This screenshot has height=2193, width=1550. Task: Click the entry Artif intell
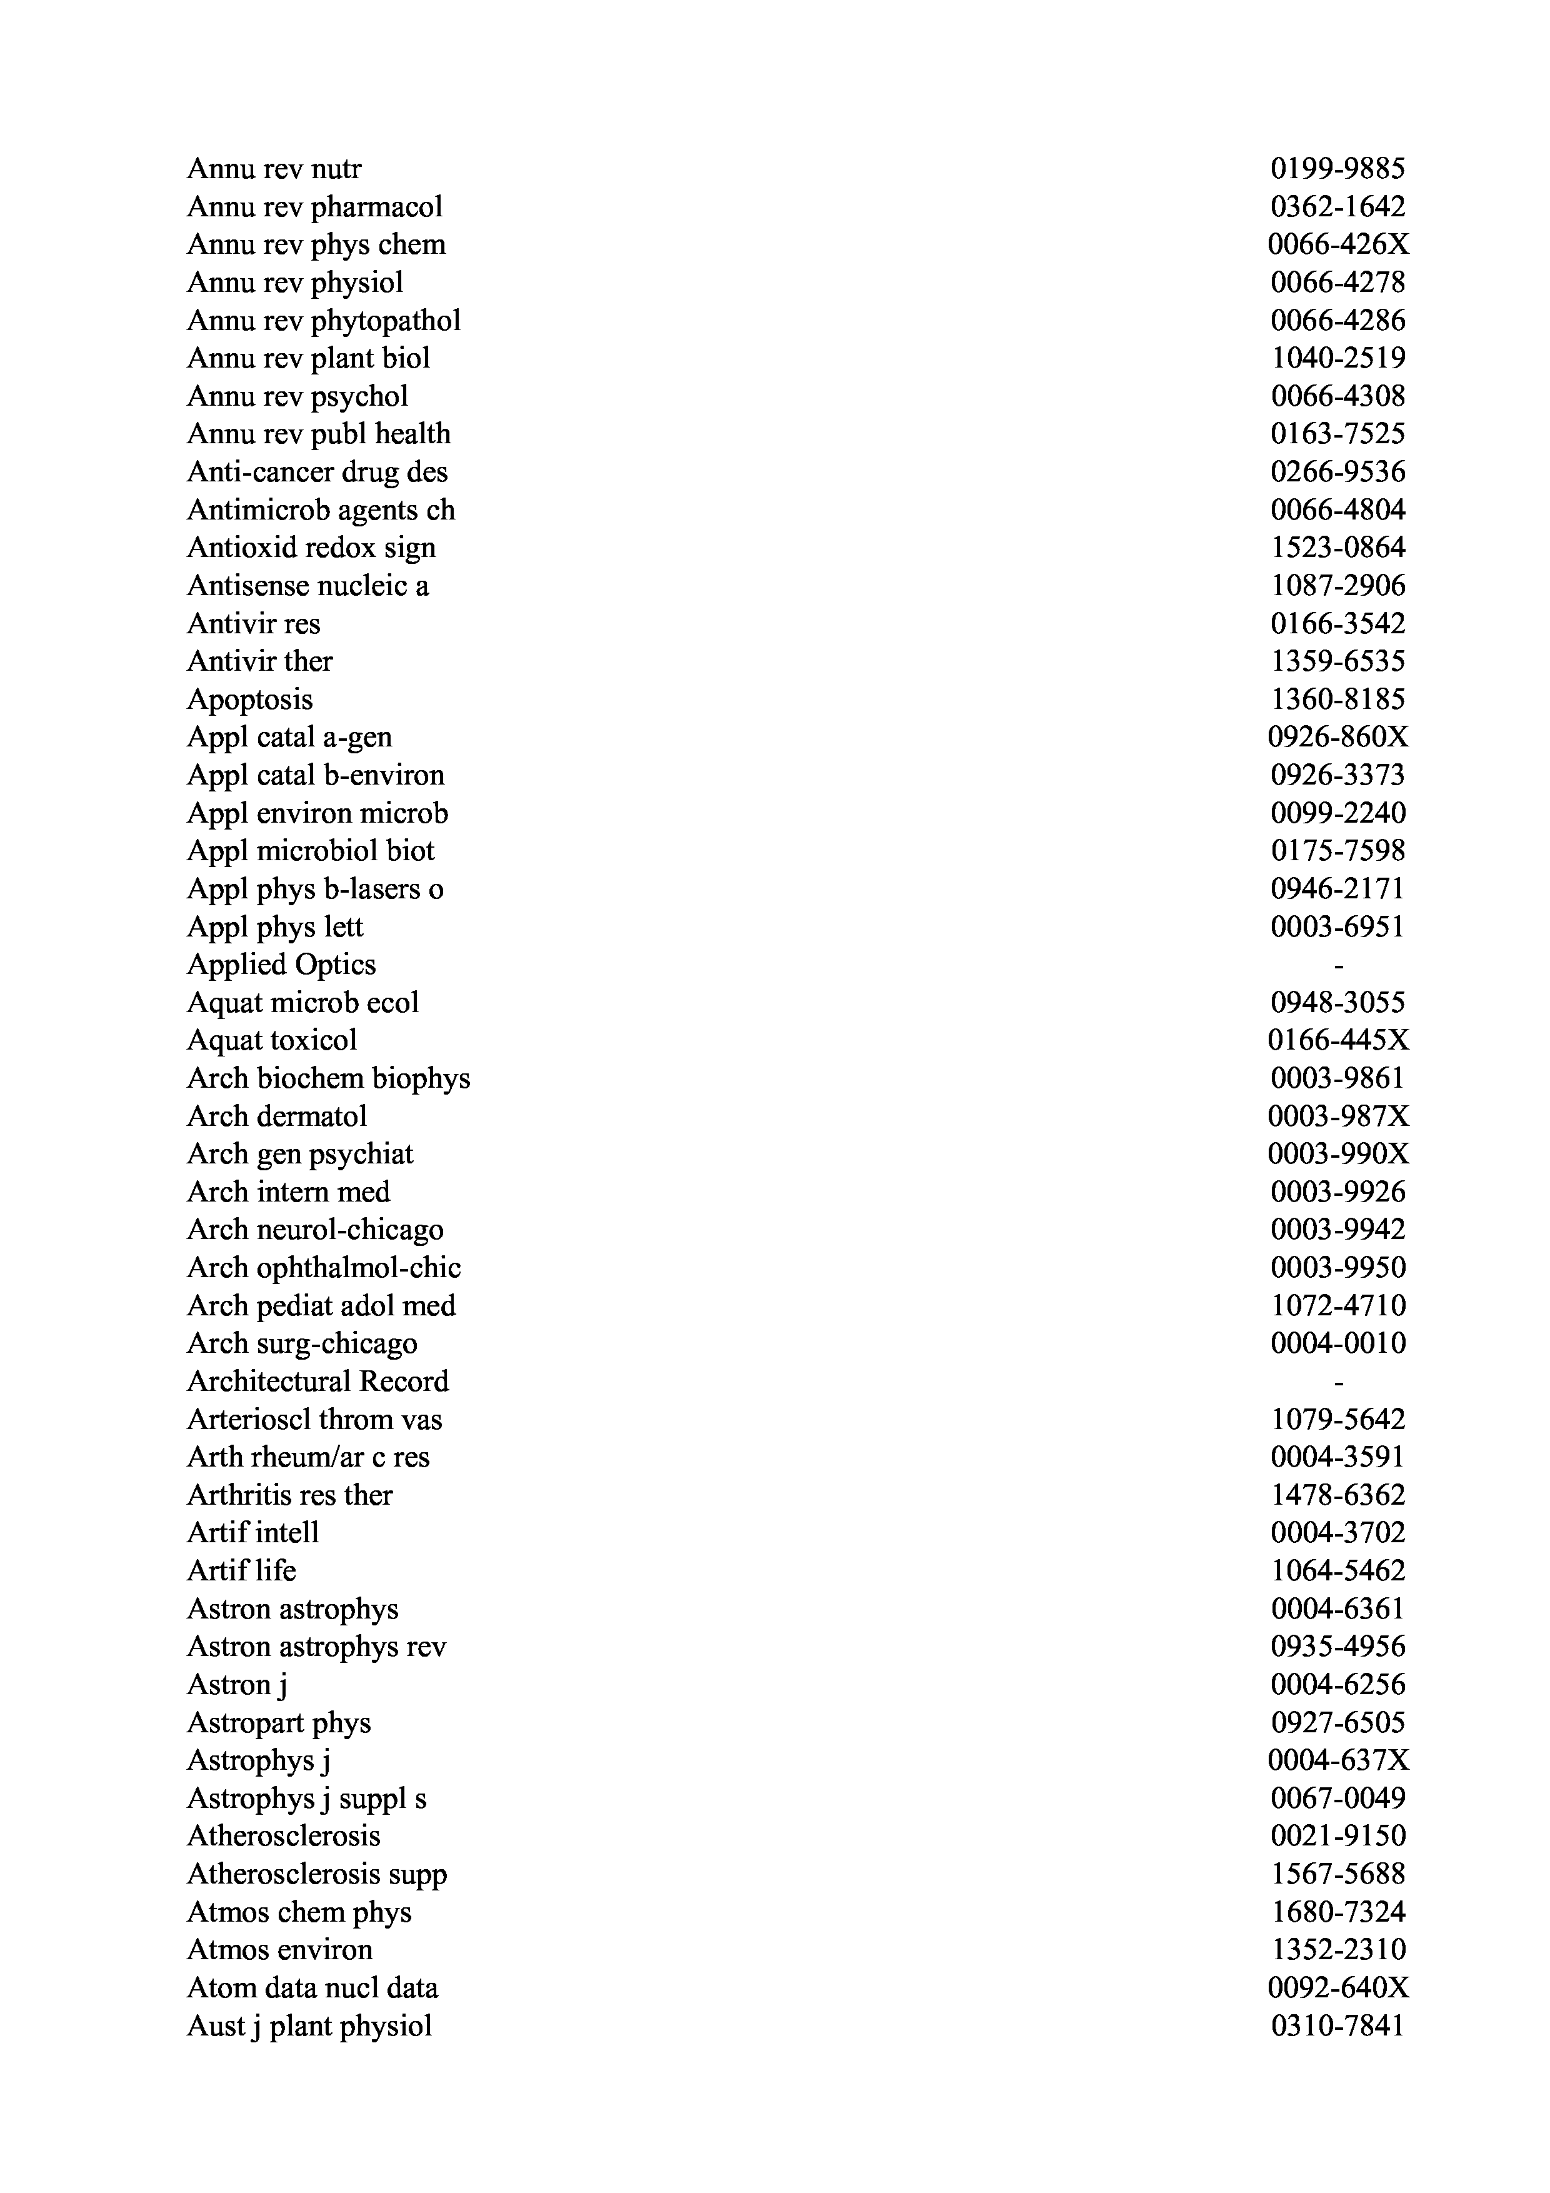pyautogui.click(x=253, y=1533)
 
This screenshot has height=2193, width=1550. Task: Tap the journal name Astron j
pyautogui.click(x=237, y=1685)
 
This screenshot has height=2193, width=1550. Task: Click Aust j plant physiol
pyautogui.click(x=309, y=2026)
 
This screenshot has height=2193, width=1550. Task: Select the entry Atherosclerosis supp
pyautogui.click(x=317, y=1874)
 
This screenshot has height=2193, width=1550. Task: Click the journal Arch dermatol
pyautogui.click(x=277, y=1117)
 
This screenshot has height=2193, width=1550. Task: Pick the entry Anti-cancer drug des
pyautogui.click(x=317, y=472)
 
